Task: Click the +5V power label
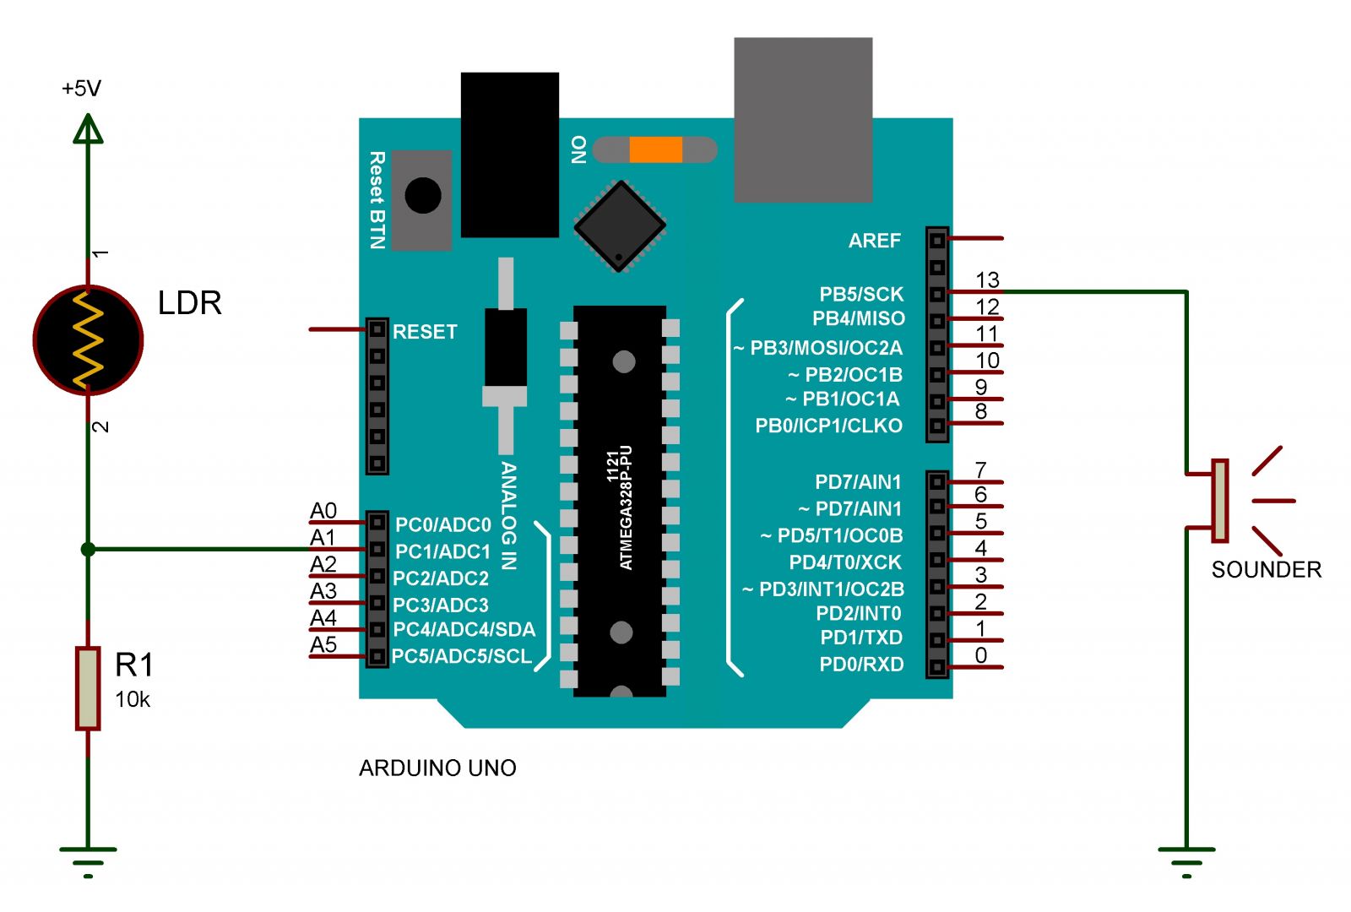[81, 89]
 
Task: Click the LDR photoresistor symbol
[88, 340]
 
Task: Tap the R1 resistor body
[88, 689]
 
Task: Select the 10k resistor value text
[132, 700]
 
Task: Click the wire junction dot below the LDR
[88, 550]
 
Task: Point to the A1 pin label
[323, 537]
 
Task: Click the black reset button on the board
[423, 195]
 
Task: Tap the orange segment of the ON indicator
[655, 149]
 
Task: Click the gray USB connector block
[803, 119]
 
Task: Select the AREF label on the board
[875, 241]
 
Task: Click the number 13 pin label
[987, 280]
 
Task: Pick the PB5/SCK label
[861, 295]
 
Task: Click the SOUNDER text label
[1267, 569]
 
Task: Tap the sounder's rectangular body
[1220, 501]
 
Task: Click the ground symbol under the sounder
[1187, 862]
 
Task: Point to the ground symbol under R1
[88, 862]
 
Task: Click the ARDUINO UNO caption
[438, 768]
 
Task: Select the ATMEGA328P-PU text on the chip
[626, 508]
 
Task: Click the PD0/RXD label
[861, 664]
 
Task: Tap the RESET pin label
[425, 332]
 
